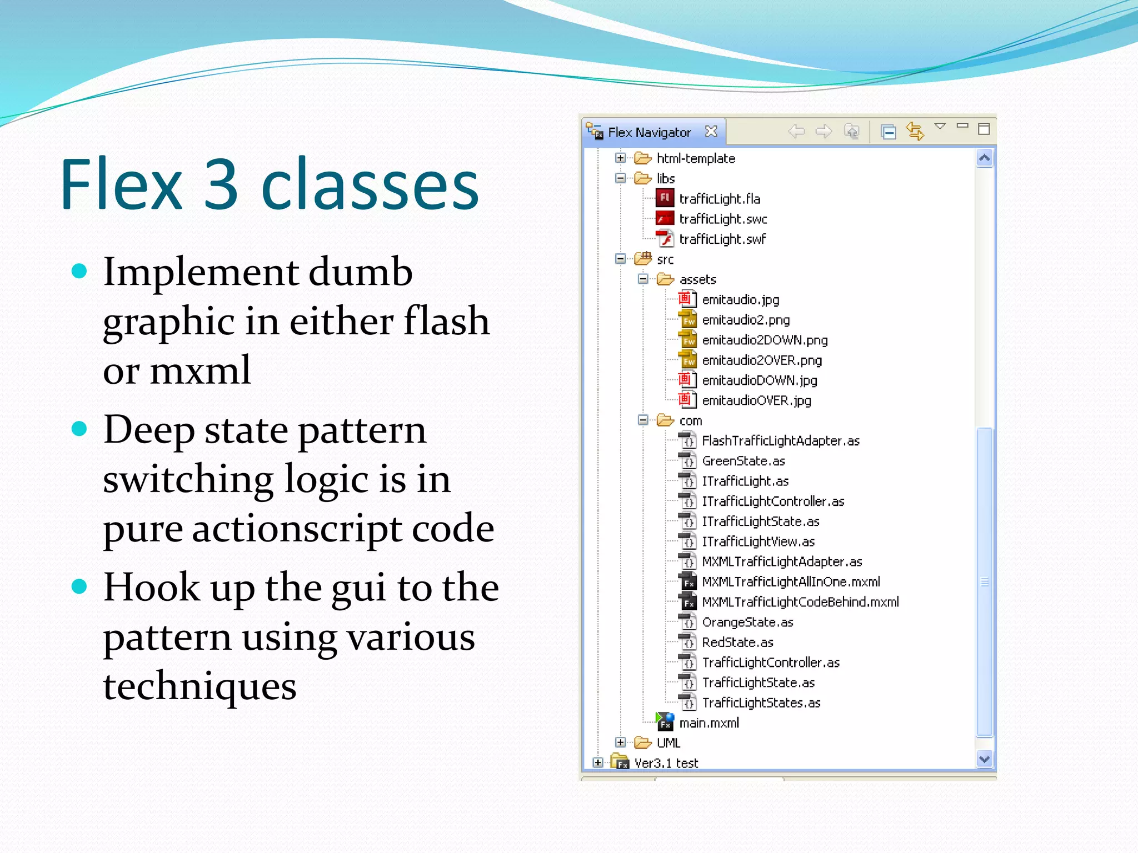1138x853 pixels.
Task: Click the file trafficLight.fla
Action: coord(719,199)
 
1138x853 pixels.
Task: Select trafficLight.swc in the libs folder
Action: coord(722,219)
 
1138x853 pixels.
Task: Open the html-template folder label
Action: coord(696,158)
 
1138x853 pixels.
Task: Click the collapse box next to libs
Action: coord(621,178)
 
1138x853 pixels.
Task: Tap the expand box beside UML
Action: coord(621,742)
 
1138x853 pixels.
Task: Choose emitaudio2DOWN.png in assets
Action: coord(765,340)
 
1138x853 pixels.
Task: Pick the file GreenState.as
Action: coord(743,461)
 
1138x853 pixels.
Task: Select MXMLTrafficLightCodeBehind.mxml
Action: coord(800,602)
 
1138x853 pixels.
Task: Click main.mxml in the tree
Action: coord(709,723)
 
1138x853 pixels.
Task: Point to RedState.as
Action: coord(737,643)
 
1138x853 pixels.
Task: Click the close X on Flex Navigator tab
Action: coord(711,132)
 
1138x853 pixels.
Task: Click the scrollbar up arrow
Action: coord(984,159)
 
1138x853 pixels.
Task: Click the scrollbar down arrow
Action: coord(984,759)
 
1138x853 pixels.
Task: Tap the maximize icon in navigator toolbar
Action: coord(984,129)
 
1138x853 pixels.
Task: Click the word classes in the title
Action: coord(370,184)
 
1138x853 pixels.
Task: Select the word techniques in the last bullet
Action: coord(199,686)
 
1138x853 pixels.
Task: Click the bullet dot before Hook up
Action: coord(80,586)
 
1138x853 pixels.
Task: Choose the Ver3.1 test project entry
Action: coord(666,763)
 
